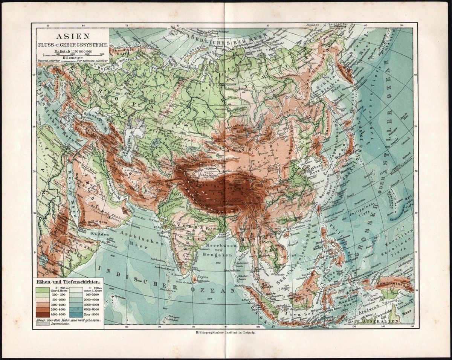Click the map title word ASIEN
point(72,37)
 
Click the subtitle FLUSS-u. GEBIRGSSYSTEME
point(72,44)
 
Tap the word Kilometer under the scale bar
point(72,58)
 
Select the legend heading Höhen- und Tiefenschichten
point(68,281)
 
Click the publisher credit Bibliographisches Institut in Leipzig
point(226,333)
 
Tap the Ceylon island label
point(204,275)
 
